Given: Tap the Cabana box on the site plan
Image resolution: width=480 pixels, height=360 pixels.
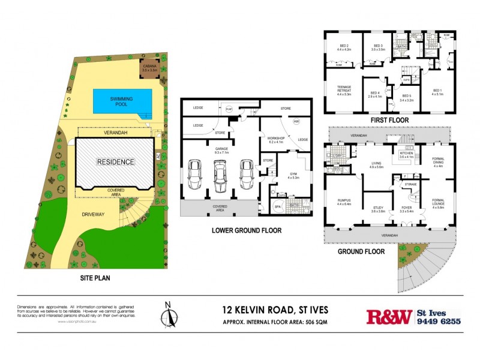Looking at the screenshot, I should click(148, 68).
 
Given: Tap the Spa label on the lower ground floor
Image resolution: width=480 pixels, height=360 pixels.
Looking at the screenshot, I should click(277, 207).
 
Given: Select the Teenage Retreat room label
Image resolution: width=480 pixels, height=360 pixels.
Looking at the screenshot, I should click(343, 89).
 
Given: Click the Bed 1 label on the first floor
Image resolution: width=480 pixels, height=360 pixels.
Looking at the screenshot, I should click(437, 92).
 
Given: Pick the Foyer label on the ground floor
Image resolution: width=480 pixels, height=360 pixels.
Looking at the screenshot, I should click(406, 209).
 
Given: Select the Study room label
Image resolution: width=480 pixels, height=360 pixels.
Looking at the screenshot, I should click(378, 209).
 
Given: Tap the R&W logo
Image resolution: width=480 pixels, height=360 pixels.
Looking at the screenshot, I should click(389, 316).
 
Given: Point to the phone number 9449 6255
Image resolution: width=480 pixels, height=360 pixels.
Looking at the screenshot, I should click(439, 322).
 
